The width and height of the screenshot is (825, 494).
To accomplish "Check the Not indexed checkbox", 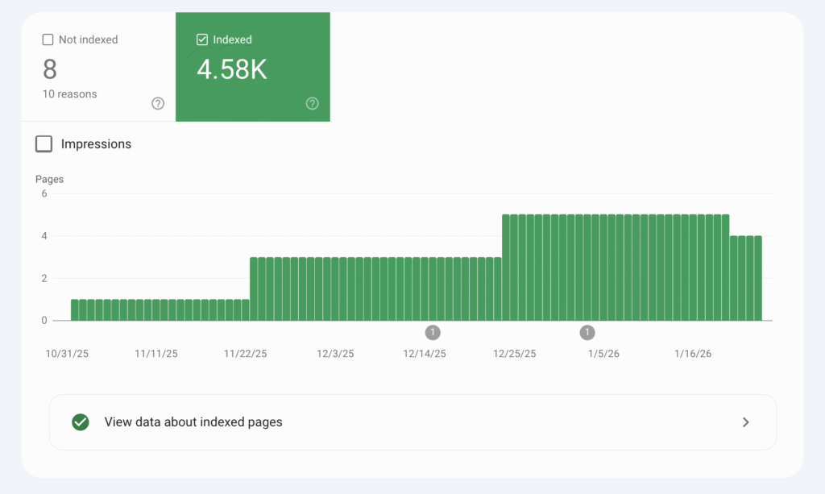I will click(48, 39).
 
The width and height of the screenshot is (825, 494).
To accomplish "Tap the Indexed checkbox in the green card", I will click(202, 39).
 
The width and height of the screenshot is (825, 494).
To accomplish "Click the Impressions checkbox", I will click(44, 144).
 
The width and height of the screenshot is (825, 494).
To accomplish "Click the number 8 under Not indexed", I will click(50, 69).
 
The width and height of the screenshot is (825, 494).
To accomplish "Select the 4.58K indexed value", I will click(231, 69).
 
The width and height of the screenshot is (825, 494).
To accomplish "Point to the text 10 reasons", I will click(69, 94).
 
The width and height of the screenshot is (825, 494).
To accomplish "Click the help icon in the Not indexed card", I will click(158, 103).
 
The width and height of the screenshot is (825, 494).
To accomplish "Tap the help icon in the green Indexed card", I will click(313, 103).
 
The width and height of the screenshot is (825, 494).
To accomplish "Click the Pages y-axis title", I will click(49, 179).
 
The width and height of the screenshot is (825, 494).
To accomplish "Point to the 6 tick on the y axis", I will click(44, 193).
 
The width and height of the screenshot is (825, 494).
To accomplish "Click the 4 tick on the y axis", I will click(44, 236).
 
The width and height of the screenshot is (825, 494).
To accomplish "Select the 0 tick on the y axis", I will click(44, 321).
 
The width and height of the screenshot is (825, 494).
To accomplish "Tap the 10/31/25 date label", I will click(66, 354).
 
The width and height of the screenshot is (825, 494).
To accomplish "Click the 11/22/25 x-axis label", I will click(246, 354).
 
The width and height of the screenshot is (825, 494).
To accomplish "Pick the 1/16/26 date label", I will click(693, 354).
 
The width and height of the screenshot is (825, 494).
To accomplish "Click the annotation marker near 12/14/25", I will click(433, 332).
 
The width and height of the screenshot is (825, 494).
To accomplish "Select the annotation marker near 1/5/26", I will click(587, 332).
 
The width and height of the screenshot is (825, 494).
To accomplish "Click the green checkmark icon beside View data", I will click(80, 422).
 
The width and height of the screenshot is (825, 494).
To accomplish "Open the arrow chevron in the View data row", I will click(745, 422).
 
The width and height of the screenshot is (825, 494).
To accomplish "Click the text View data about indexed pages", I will click(193, 422).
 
